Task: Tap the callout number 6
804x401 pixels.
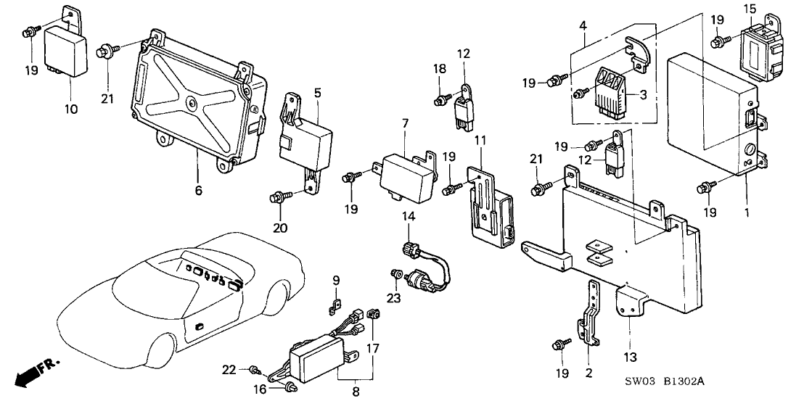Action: point(197,191)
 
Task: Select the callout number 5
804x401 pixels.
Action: point(317,92)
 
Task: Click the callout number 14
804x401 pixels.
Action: point(407,216)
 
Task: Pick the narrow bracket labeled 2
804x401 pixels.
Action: point(591,320)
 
